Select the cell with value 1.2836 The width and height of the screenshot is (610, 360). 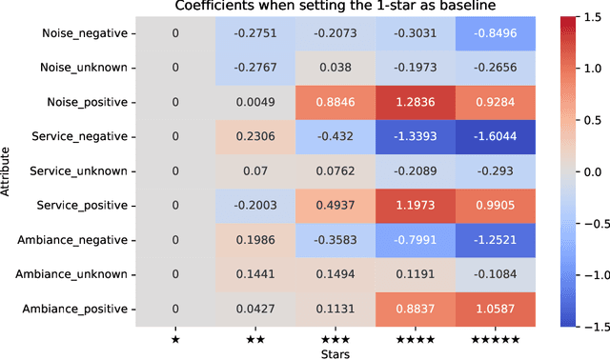point(415,102)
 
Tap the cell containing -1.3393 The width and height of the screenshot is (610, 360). point(415,136)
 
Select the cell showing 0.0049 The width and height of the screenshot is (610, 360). point(254,102)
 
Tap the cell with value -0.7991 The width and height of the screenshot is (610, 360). point(415,239)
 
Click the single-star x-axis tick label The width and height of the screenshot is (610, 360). point(174,339)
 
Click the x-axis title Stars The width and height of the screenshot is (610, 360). point(335,352)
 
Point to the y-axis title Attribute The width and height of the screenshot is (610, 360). point(8,170)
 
